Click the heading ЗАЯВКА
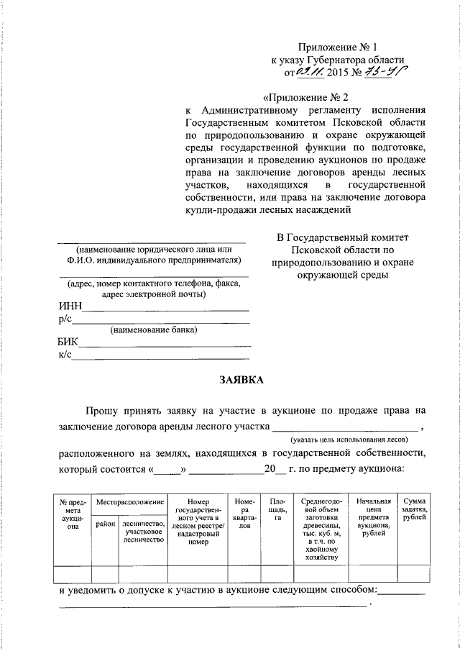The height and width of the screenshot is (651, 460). coord(241,379)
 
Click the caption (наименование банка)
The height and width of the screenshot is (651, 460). coord(153,330)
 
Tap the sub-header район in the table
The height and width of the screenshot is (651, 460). coord(105,524)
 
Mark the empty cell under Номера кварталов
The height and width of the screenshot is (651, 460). coord(243,573)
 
